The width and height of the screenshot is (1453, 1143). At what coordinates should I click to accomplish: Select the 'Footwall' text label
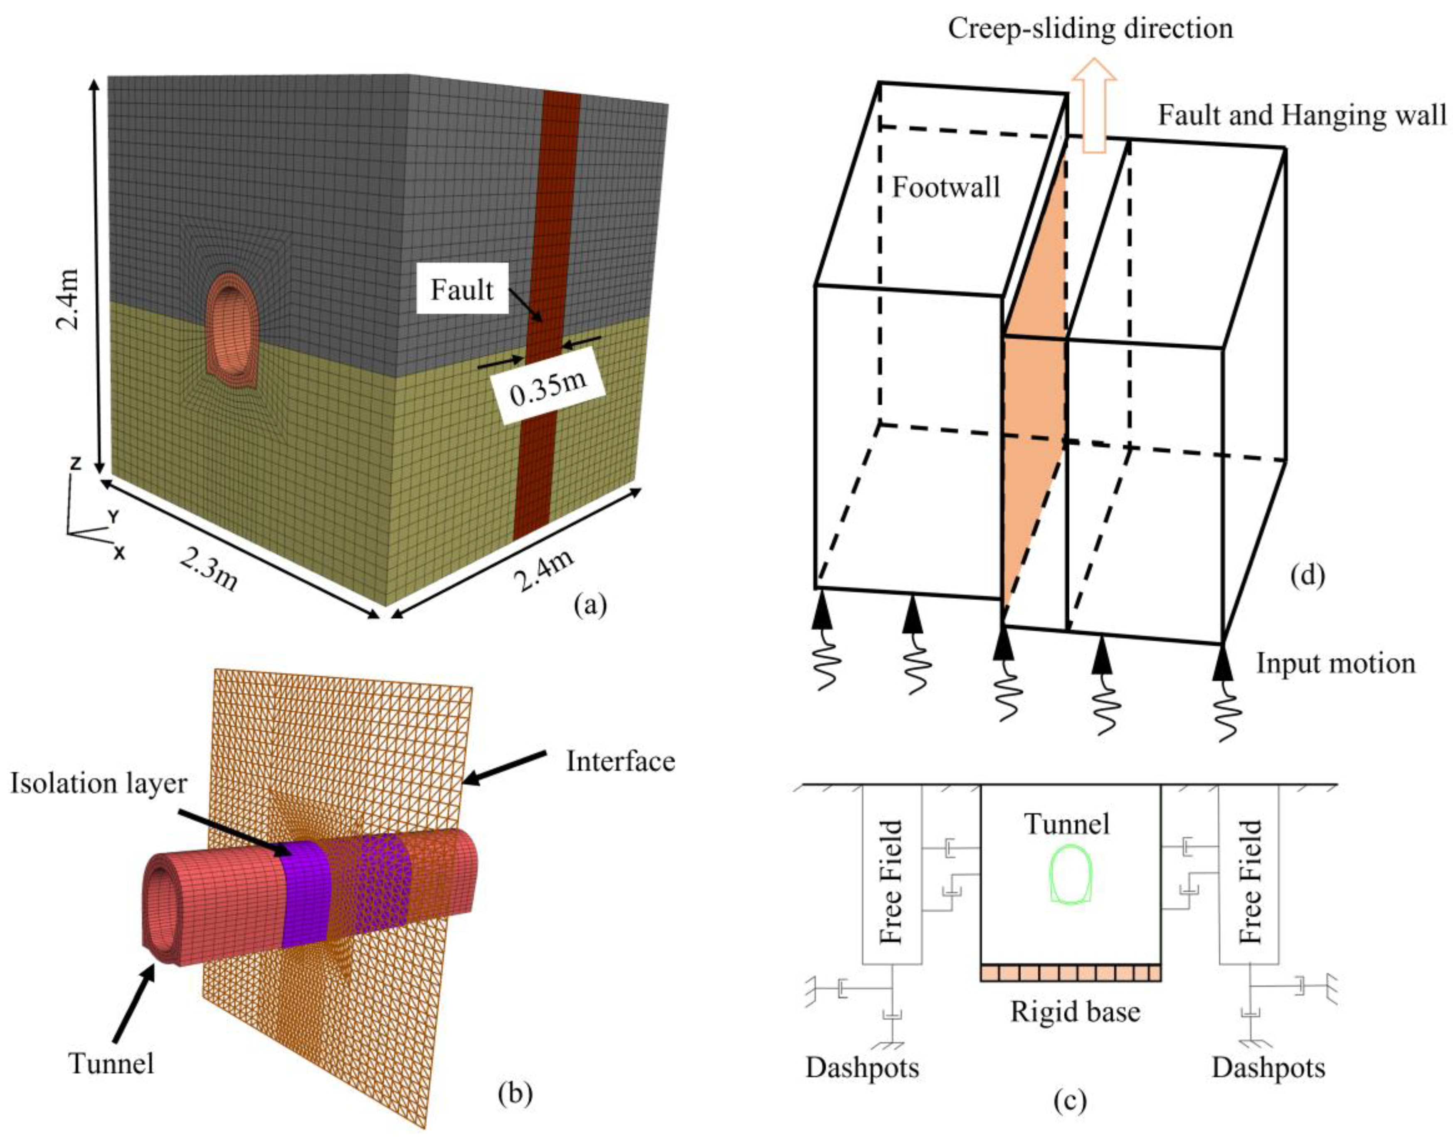click(946, 187)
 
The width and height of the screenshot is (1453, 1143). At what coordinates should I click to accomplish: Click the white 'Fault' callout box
click(462, 290)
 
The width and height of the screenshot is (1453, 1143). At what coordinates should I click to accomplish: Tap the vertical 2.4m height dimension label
click(68, 298)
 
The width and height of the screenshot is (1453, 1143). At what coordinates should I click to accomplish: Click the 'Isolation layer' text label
click(99, 783)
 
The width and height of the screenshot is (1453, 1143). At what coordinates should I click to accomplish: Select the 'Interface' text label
click(620, 761)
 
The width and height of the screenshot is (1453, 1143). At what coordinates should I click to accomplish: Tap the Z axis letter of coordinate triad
click(76, 463)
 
